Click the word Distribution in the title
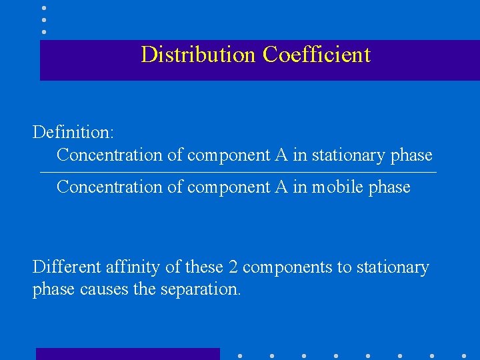click(x=198, y=54)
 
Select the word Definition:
click(x=73, y=132)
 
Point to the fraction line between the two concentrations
click(x=238, y=173)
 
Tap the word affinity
click(x=136, y=267)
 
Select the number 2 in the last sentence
click(x=233, y=267)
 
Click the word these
click(x=204, y=267)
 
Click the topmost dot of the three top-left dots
click(x=44, y=8)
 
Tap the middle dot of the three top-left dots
click(x=44, y=20)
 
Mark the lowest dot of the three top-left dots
click(x=44, y=31)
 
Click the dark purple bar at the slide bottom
click(x=127, y=354)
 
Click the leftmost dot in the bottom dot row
click(x=240, y=355)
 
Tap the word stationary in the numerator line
click(x=348, y=155)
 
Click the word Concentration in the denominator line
click(x=109, y=187)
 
